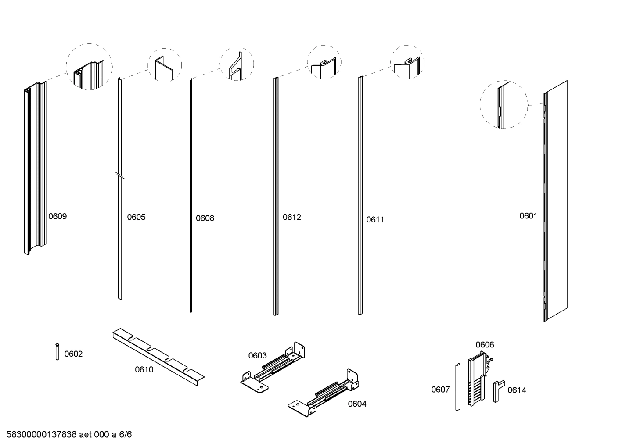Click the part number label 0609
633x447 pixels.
[58, 216]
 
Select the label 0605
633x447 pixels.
[136, 217]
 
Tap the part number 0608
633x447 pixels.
[205, 218]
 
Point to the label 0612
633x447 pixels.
[291, 217]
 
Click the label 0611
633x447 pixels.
[375, 219]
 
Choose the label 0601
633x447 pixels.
[528, 215]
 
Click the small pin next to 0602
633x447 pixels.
[57, 352]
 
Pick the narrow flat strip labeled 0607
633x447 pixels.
[457, 386]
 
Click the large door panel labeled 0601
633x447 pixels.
[556, 201]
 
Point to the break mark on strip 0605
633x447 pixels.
[119, 176]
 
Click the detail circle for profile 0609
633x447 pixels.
[89, 67]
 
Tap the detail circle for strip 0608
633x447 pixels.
[237, 64]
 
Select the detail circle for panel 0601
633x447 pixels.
[504, 104]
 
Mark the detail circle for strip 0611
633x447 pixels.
[407, 62]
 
